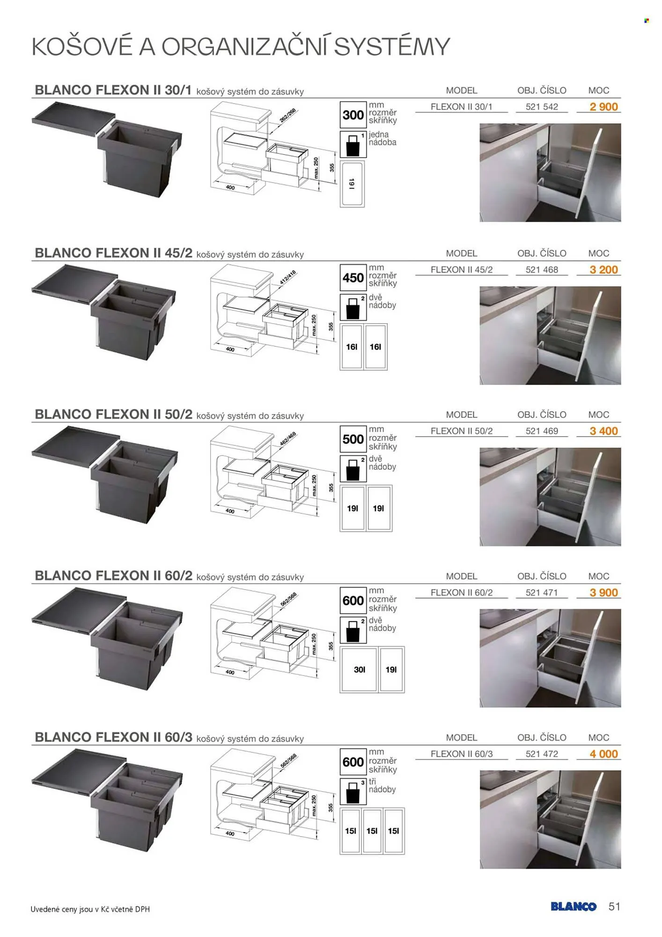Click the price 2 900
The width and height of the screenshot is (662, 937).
603,107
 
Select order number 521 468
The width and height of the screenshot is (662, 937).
542,270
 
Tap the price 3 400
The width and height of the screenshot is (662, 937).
603,431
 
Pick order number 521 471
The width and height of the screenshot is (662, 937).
542,593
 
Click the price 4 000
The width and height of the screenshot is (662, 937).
603,754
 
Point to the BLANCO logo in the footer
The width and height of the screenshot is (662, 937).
574,907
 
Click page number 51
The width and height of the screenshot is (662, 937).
614,907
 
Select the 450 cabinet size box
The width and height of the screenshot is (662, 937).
353,278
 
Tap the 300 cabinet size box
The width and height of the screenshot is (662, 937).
353,115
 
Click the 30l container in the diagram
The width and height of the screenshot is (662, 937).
359,669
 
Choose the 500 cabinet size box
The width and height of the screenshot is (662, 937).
353,439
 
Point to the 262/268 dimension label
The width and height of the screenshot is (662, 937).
288,115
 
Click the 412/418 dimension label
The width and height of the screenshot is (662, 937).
288,277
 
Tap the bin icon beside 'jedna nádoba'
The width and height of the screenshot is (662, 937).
353,144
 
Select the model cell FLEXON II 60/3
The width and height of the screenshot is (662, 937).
462,754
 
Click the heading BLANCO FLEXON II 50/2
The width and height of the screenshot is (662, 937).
113,414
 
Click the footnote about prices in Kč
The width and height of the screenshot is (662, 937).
90,909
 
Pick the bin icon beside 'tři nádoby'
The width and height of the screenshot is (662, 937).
353,791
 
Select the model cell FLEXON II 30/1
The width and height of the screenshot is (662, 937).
462,107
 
